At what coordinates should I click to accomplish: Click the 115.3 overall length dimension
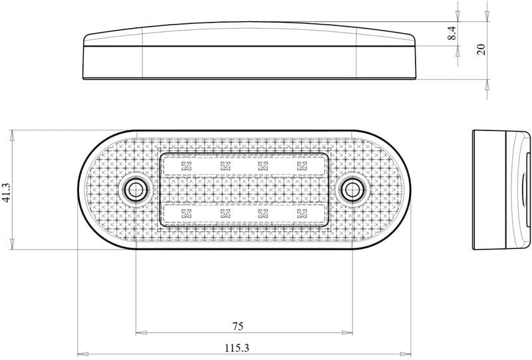click(x=237, y=348)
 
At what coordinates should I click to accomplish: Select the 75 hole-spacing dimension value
click(x=238, y=326)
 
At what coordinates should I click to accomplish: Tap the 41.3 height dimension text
click(x=7, y=192)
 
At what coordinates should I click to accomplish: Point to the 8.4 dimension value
click(x=452, y=33)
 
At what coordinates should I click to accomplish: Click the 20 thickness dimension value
click(x=481, y=49)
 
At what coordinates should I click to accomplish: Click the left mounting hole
click(x=136, y=190)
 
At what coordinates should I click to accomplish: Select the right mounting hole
click(x=352, y=190)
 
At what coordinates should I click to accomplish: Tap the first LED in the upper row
click(x=186, y=166)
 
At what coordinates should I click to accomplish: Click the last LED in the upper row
click(x=302, y=166)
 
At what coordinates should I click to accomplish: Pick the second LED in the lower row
click(x=225, y=214)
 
